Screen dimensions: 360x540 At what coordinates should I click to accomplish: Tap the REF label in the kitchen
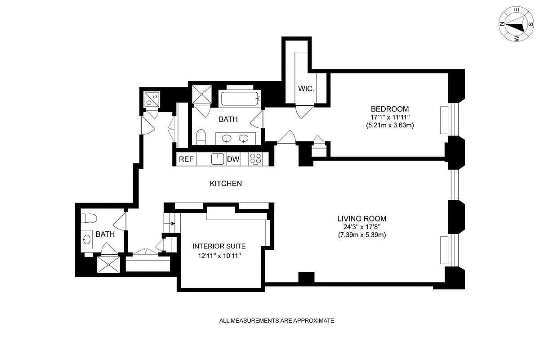tap(186, 159)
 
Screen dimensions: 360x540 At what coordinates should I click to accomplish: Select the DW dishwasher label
tap(233, 159)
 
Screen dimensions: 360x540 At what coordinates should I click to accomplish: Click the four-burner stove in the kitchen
tap(256, 159)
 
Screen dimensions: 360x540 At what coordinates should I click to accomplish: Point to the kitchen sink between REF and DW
tap(218, 159)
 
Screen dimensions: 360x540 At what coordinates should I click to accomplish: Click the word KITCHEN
tap(226, 184)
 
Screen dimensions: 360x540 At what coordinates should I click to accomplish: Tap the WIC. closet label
tap(306, 89)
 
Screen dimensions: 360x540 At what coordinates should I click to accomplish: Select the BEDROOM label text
tap(389, 109)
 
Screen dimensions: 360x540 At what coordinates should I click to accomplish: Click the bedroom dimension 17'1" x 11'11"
tap(389, 117)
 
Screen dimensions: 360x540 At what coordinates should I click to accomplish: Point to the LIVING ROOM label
tap(362, 219)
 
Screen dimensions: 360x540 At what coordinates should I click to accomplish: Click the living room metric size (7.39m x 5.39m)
tap(362, 235)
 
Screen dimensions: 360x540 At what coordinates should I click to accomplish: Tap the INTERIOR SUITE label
tap(219, 246)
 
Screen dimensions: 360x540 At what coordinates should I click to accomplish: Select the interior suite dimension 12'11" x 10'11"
tap(219, 256)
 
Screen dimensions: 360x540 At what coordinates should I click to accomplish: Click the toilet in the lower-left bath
tap(89, 218)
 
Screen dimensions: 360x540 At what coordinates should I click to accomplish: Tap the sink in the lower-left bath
tap(86, 238)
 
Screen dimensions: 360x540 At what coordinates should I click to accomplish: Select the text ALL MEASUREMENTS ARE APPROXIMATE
tap(277, 321)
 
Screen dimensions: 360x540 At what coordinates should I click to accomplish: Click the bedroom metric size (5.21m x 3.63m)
tap(389, 126)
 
